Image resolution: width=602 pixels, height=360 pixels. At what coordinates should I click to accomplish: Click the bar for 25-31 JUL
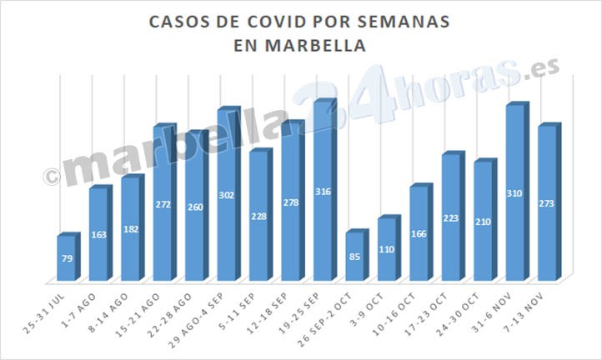tap(67, 258)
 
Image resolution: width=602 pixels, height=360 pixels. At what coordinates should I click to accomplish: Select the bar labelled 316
tap(323, 192)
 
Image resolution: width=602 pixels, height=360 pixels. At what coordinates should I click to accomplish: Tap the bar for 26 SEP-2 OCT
tap(354, 256)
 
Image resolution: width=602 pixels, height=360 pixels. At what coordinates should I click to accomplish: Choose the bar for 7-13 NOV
tap(546, 203)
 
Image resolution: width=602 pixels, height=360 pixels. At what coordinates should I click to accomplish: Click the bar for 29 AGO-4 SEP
tap(227, 196)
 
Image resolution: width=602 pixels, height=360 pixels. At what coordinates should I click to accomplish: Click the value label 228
tap(258, 217)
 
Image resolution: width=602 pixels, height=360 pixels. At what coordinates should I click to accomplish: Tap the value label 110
tap(386, 249)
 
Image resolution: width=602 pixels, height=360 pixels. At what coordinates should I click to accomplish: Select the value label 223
tap(450, 218)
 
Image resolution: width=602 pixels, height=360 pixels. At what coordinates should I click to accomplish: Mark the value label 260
tap(195, 207)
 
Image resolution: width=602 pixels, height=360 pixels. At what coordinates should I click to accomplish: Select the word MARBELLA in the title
tap(314, 46)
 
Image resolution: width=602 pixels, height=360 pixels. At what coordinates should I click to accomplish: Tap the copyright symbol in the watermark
tap(52, 176)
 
